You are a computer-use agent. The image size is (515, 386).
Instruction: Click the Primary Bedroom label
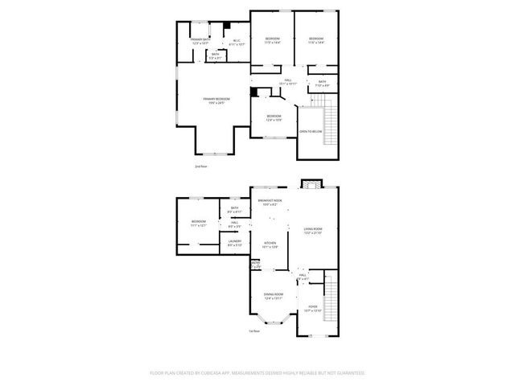tap(213, 99)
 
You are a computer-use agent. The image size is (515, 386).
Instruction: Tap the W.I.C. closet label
tap(236, 42)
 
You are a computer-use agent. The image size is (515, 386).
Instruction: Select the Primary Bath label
tap(201, 39)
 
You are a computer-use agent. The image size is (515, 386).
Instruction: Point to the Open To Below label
tap(311, 131)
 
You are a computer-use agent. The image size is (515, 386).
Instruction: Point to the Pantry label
tap(255, 263)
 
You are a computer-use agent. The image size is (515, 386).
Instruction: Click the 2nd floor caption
tap(200, 166)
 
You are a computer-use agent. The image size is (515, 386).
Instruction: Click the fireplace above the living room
tap(311, 184)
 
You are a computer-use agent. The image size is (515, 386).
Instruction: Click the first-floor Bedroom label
tap(198, 222)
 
